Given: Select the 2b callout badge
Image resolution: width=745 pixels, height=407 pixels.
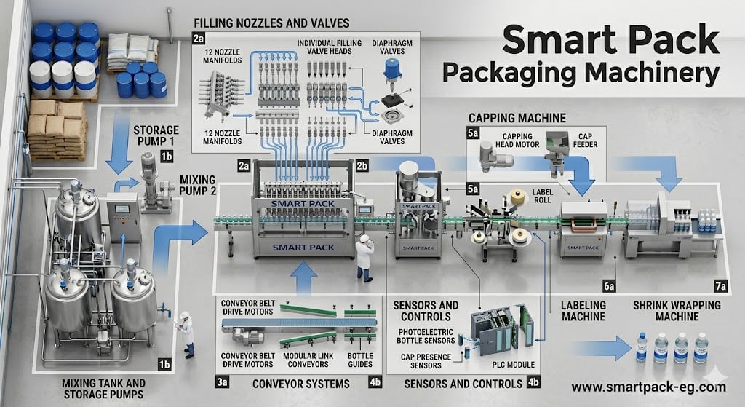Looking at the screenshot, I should click(x=363, y=167).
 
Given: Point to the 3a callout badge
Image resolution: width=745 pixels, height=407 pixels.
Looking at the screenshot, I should click(x=223, y=382).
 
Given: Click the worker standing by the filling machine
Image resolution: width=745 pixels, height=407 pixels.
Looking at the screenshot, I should click(x=364, y=258).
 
